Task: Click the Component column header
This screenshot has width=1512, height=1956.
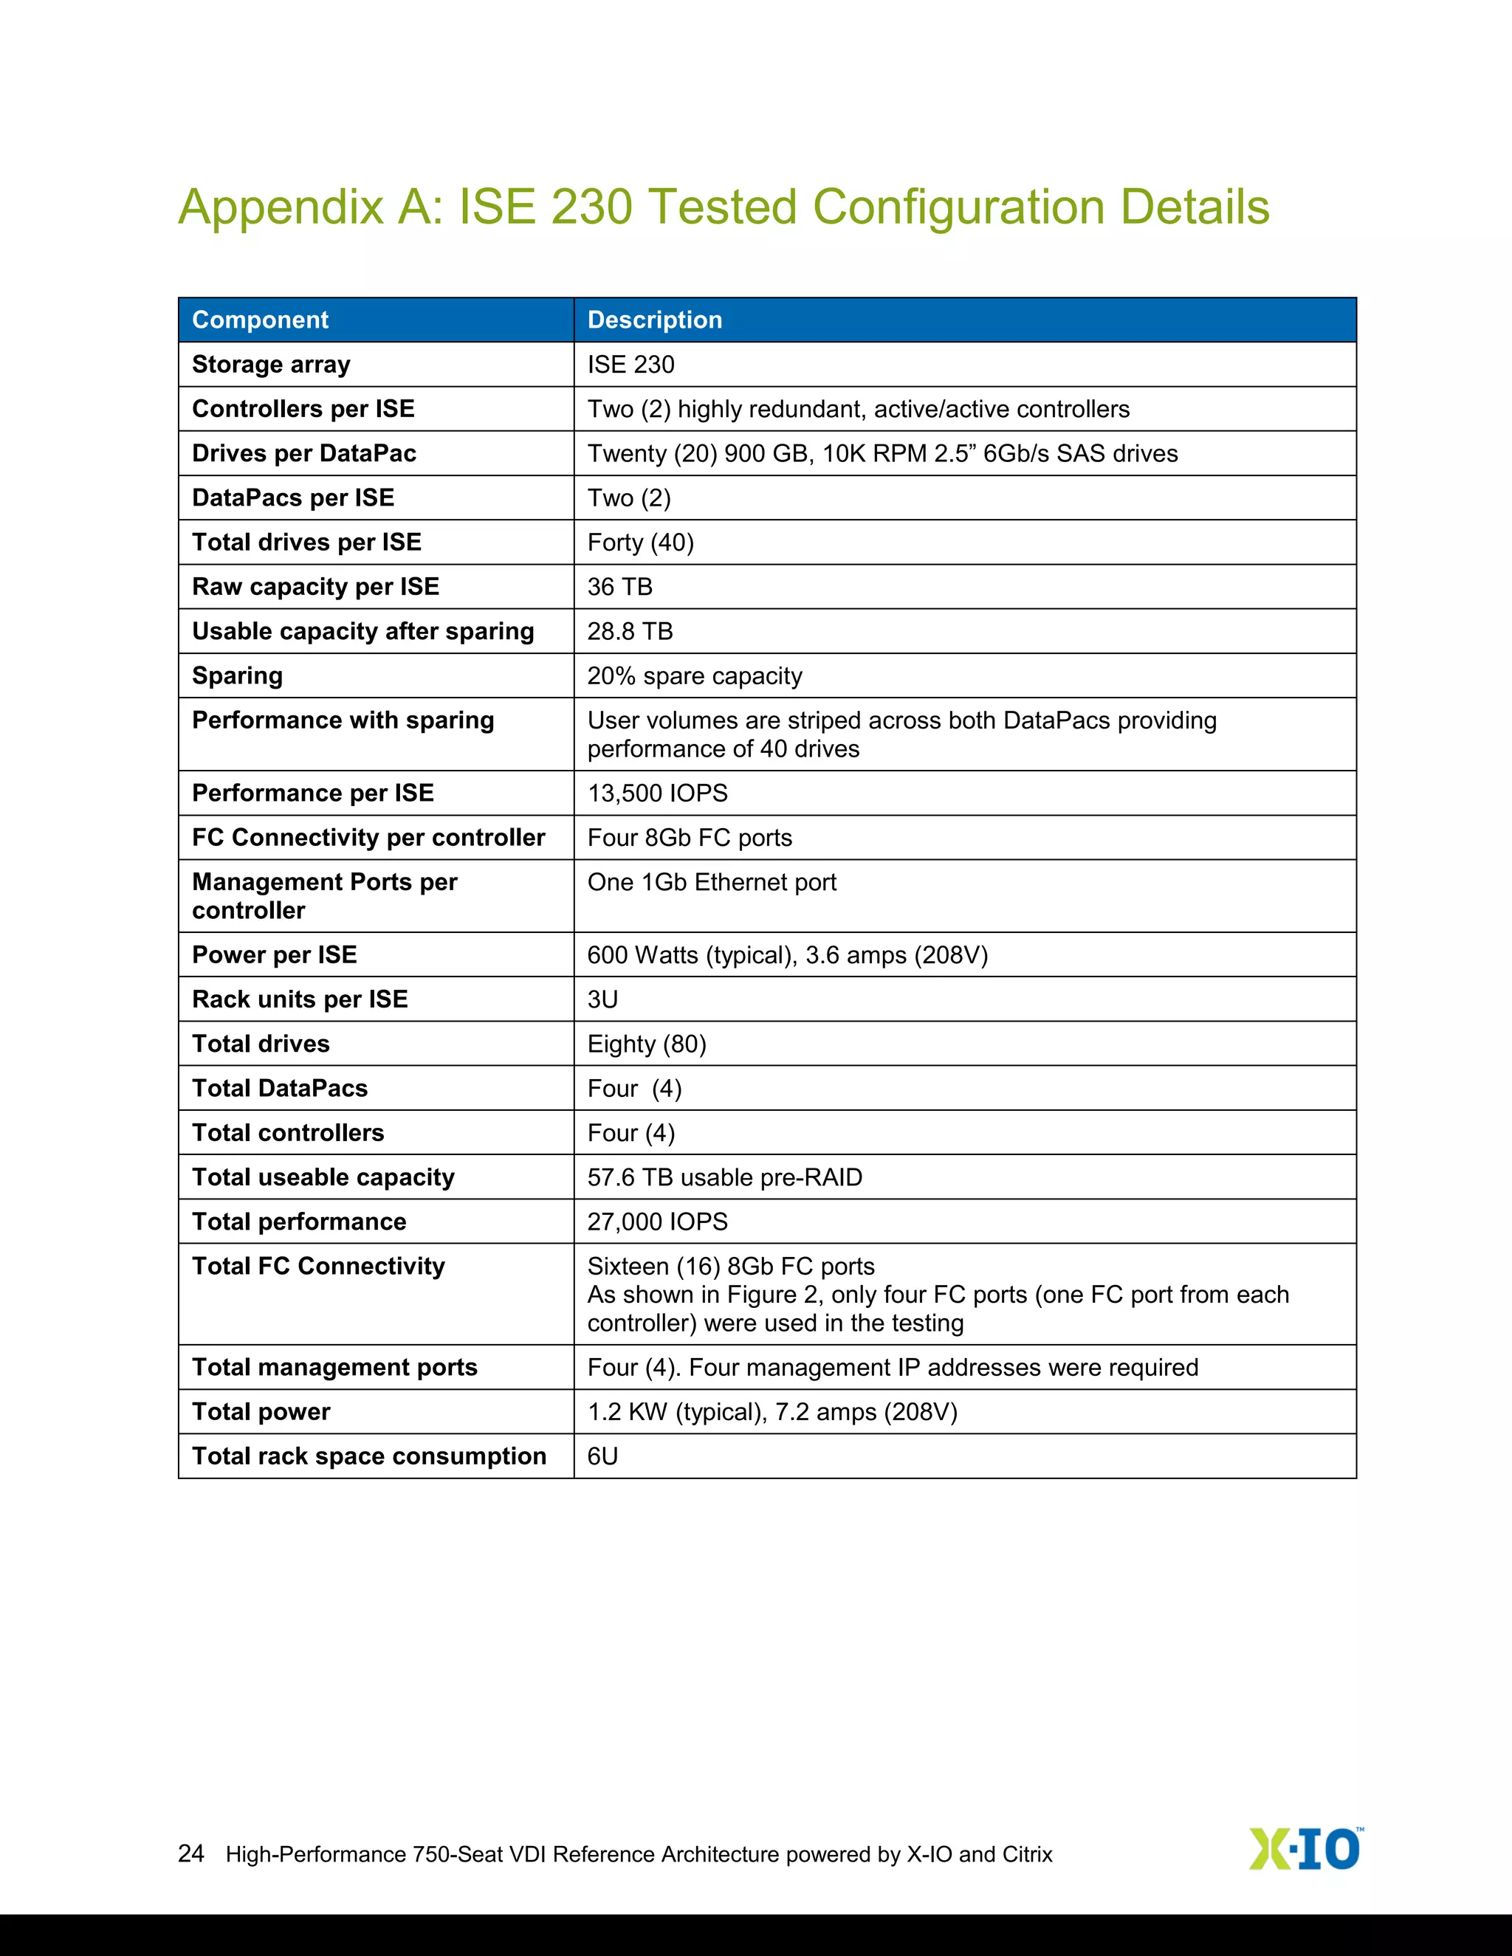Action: [260, 320]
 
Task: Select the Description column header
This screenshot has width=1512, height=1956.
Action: [654, 320]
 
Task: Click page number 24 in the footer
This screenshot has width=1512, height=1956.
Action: [190, 1853]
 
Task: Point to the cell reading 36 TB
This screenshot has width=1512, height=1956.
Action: [620, 587]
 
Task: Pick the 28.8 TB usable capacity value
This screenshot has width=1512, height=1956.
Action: [630, 631]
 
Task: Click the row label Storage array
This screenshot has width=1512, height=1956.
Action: [270, 365]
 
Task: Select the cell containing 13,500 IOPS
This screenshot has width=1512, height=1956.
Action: [658, 793]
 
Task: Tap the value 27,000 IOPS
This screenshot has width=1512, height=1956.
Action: [658, 1222]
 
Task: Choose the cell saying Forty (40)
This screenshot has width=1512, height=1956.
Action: [640, 543]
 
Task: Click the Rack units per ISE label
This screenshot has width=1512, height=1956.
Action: [299, 999]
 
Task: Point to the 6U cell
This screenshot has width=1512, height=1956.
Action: [603, 1456]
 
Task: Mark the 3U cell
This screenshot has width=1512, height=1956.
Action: [603, 999]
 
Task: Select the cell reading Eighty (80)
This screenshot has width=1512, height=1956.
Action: [647, 1044]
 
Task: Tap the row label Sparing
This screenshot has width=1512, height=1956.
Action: [238, 676]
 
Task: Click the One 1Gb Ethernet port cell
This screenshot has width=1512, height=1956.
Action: [711, 882]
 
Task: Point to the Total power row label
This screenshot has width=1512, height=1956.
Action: [261, 1411]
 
